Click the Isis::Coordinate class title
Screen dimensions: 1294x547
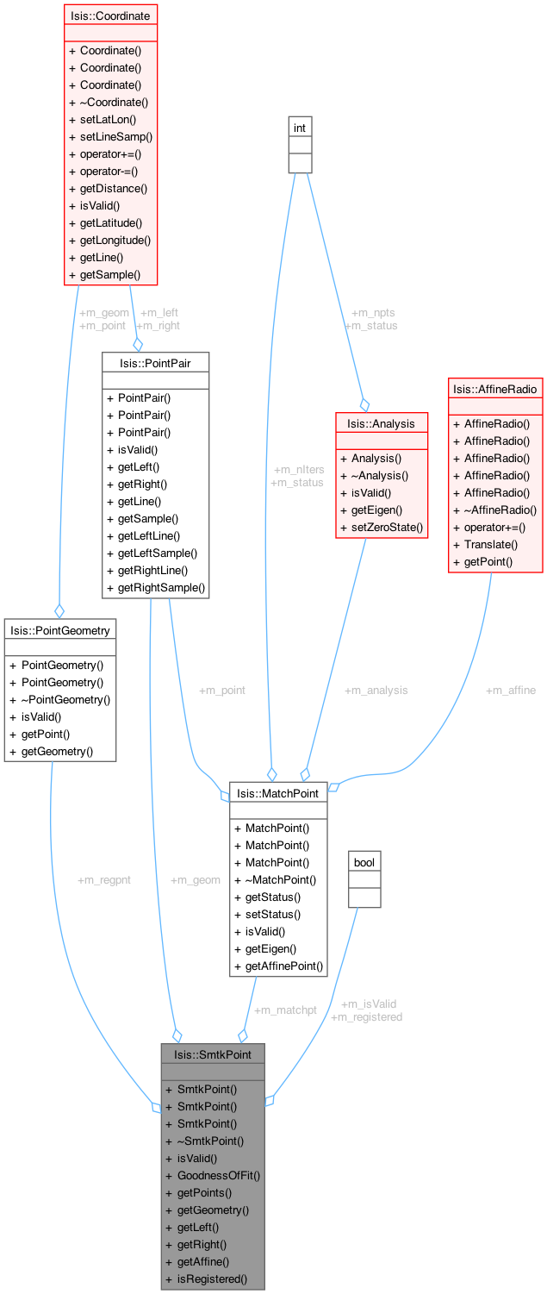pos(110,16)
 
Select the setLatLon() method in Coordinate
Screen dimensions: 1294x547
pos(108,120)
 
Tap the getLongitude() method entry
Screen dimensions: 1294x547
pos(115,241)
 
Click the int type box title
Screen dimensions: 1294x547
pos(300,128)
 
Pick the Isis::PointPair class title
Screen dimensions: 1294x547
pos(155,362)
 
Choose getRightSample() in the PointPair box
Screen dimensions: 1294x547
pos(161,588)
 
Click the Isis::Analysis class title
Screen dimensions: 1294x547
pos(381,423)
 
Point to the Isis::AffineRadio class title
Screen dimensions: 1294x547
pos(495,389)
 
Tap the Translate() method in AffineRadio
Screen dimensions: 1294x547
pos(490,545)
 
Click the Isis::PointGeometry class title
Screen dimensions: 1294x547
pos(59,629)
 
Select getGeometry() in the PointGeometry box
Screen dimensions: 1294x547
pos(58,752)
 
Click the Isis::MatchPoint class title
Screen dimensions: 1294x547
pos(277,793)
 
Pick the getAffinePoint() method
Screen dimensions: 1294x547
pos(283,966)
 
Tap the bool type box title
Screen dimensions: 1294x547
pos(364,861)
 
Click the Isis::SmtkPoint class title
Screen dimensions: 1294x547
pos(212,1053)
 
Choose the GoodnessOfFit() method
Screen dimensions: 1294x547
pos(218,1175)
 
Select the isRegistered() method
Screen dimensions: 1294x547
pos(212,1279)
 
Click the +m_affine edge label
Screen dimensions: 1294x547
pos(510,690)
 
